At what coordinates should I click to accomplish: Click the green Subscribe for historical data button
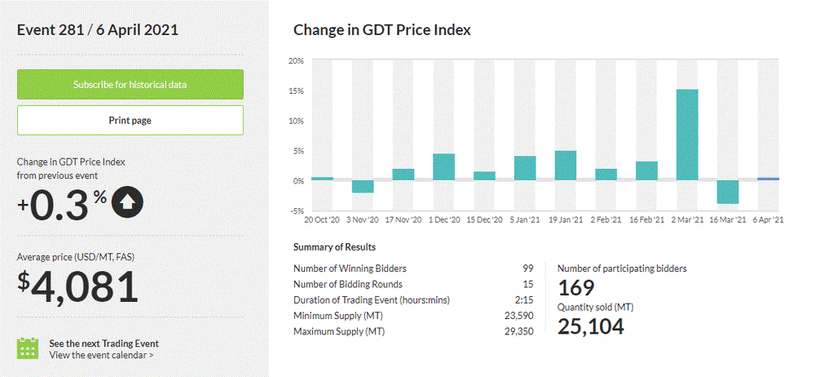130,84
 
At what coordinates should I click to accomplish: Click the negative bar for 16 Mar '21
728,192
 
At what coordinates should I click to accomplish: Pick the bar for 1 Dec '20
443,166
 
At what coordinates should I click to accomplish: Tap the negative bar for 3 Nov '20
363,186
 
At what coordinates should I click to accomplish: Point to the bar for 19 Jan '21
566,165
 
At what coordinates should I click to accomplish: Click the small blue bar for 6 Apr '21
768,179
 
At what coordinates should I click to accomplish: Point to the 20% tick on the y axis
296,61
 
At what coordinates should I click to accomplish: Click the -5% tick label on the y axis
296,210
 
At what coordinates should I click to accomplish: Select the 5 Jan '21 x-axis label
525,220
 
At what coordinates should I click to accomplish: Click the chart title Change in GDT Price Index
382,30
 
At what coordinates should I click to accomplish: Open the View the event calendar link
101,355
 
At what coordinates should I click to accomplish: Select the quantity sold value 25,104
591,326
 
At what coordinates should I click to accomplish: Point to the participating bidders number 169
576,287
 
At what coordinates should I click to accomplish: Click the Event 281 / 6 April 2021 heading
98,30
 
